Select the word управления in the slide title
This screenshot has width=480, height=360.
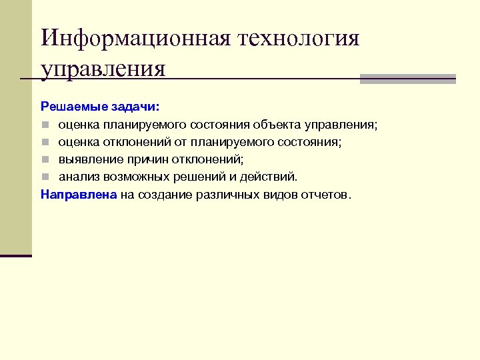point(103,69)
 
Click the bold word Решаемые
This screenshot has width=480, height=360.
point(67,107)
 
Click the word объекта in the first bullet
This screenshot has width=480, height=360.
point(273,125)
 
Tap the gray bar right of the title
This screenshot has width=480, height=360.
point(407,79)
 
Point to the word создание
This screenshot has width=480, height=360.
point(165,195)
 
